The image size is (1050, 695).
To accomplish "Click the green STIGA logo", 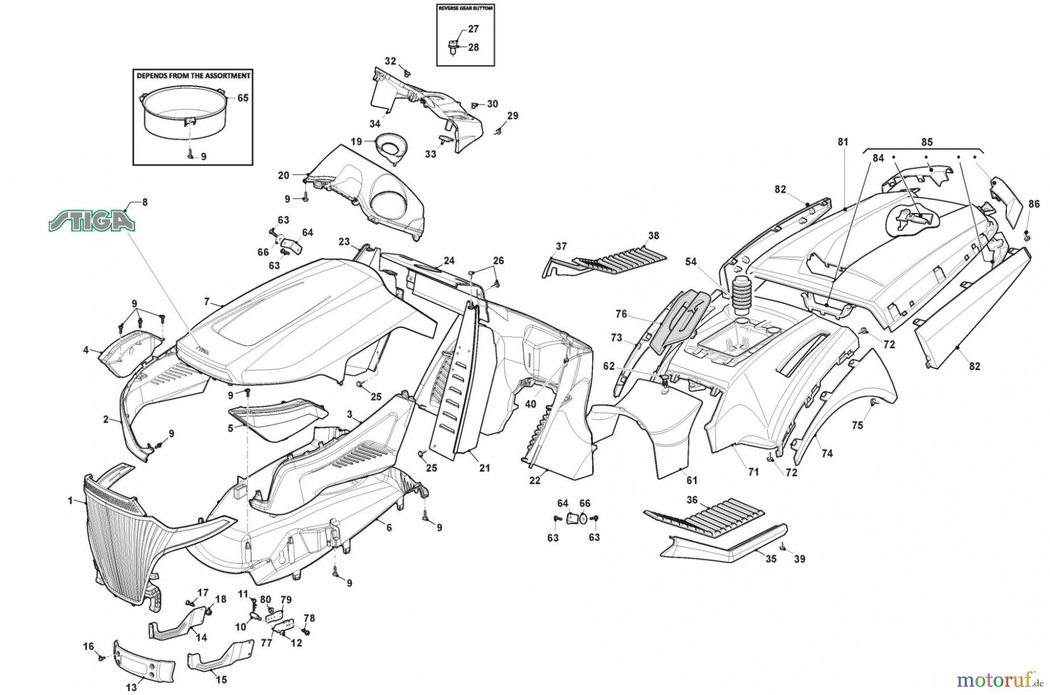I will click(92, 222).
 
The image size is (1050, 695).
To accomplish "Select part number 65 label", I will click(243, 97).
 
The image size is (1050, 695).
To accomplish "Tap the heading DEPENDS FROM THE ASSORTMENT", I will click(194, 76).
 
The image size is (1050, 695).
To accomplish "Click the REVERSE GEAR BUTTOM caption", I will click(466, 9).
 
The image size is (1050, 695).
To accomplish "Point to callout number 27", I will click(474, 29).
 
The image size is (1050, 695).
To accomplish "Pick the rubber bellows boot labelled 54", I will click(740, 292).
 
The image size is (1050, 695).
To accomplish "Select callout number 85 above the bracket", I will click(927, 142).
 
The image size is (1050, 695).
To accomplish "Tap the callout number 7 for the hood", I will click(206, 301).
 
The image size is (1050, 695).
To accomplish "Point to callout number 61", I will click(692, 480).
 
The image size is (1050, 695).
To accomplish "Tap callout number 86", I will click(1034, 204).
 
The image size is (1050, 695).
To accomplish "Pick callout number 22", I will click(535, 480).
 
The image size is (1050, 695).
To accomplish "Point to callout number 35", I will click(771, 558).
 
